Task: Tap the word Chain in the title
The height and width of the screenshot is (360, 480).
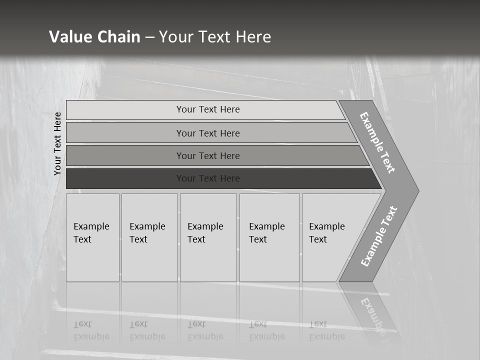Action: (118, 36)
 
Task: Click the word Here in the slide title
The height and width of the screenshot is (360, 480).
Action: (253, 36)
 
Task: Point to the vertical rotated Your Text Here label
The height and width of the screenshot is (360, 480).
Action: (57, 143)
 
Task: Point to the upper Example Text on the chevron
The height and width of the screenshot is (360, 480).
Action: (377, 142)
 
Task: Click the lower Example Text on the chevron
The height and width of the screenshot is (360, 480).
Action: (379, 236)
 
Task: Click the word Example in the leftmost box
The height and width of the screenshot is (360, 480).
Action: (91, 226)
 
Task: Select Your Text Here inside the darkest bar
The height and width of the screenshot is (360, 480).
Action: (208, 178)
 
